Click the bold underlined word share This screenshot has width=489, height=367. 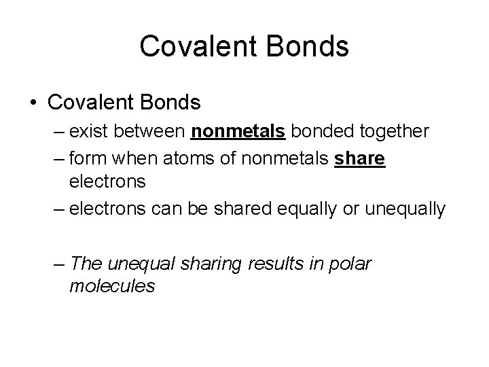[360, 158]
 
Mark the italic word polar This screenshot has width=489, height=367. [349, 263]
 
